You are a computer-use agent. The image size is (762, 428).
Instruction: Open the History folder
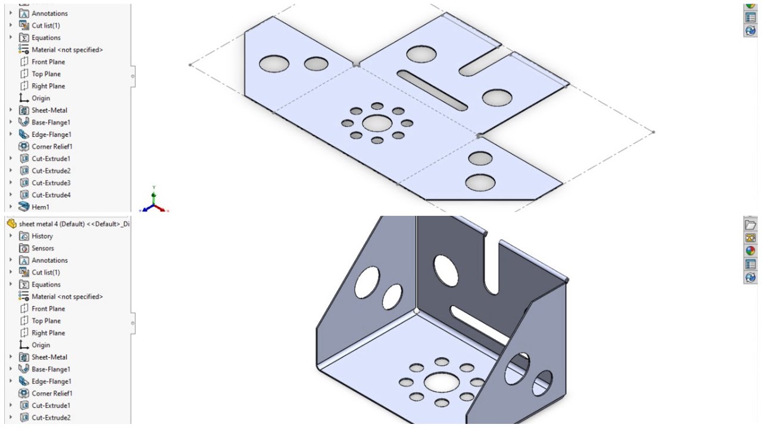(x=42, y=236)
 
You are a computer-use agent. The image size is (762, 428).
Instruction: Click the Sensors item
(x=43, y=248)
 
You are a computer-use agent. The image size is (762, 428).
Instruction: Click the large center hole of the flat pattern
(x=377, y=123)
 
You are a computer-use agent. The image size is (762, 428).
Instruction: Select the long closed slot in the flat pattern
(x=432, y=90)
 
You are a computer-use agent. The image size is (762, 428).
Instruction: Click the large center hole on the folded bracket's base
(x=441, y=382)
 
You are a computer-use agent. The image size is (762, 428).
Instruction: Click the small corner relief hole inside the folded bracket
(x=416, y=311)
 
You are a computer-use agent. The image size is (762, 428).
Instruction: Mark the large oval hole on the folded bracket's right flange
(x=517, y=369)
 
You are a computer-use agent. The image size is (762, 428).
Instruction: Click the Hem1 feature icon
(x=24, y=207)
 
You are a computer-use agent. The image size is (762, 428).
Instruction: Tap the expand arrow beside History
(x=11, y=236)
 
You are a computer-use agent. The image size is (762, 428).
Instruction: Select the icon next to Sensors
(x=24, y=248)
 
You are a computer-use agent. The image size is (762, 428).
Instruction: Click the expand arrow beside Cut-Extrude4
(x=11, y=195)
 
